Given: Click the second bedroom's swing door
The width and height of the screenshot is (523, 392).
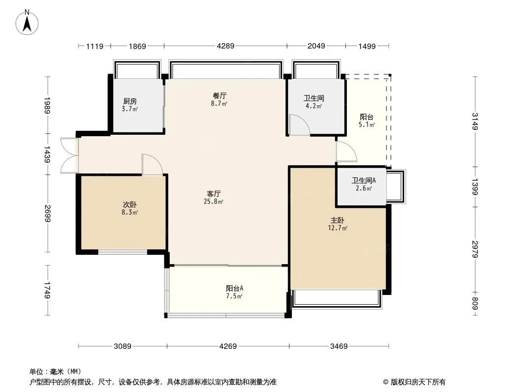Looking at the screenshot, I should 152,165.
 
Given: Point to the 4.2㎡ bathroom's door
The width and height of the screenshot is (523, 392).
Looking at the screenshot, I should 298,125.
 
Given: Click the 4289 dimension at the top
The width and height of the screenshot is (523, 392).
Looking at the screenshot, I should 226,46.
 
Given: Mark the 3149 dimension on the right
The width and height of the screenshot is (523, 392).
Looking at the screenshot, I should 474,122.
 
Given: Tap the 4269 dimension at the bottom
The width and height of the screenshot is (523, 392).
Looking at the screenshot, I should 228,346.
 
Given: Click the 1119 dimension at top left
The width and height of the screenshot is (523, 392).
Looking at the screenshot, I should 95,46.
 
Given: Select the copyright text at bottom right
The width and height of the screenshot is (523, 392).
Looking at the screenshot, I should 415,382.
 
